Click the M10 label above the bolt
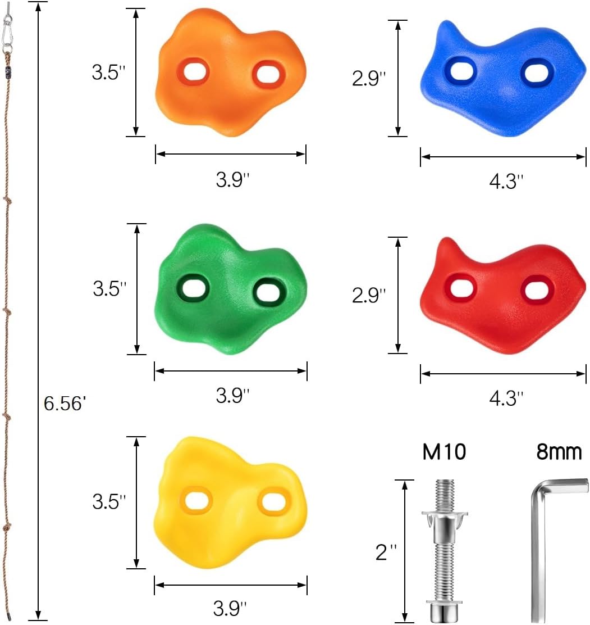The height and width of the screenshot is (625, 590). click(x=444, y=451)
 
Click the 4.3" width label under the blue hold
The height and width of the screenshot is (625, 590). click(x=506, y=181)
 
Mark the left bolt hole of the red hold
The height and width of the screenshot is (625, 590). click(x=461, y=288)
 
